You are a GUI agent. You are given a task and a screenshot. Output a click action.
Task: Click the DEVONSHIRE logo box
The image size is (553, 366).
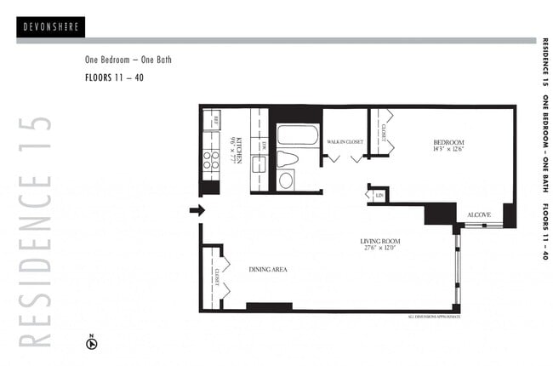(x=50, y=26)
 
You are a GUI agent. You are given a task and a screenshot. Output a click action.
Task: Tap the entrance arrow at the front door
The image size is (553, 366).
(x=197, y=210)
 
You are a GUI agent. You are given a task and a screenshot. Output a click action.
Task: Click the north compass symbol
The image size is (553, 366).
(x=92, y=344)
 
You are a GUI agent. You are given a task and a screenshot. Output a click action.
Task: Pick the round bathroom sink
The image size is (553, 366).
(x=286, y=180)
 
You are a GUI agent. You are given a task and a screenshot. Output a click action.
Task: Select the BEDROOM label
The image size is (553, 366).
(x=448, y=142)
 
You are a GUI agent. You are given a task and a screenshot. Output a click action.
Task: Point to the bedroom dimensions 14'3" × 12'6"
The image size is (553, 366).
(x=448, y=150)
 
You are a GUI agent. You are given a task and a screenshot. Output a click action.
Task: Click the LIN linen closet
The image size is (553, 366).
(x=379, y=195)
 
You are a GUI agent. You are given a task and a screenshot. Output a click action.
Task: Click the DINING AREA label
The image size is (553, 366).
(x=268, y=270)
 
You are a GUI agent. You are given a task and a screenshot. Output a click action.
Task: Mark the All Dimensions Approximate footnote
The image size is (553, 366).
(x=433, y=317)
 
